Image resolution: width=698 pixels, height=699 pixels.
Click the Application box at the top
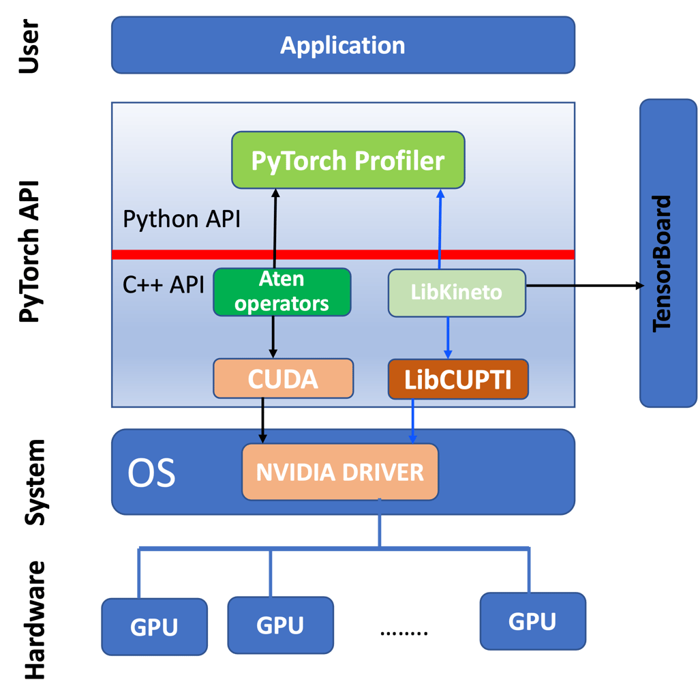pos(343,45)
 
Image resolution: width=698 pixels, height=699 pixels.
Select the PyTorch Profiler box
pos(348,160)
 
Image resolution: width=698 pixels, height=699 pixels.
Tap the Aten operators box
pos(282,292)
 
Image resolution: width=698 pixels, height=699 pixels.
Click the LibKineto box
pos(457,293)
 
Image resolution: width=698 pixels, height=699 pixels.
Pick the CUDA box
pos(283,378)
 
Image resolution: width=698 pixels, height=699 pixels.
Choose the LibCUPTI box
pos(458,379)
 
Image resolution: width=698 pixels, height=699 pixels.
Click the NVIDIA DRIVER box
pos(339,471)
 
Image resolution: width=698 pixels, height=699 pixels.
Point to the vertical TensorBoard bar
pos(667,253)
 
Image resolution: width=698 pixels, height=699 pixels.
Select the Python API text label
pos(181,219)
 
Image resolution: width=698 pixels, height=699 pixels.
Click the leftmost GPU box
pos(154,626)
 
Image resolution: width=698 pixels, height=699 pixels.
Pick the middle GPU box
pos(281,625)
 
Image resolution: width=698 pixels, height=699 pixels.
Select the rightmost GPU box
pos(532,621)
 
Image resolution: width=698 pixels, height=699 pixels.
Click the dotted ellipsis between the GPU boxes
pos(404,634)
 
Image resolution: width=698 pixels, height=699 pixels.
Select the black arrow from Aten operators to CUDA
pos(273,337)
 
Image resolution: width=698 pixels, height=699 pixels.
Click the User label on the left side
pos(29,47)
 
